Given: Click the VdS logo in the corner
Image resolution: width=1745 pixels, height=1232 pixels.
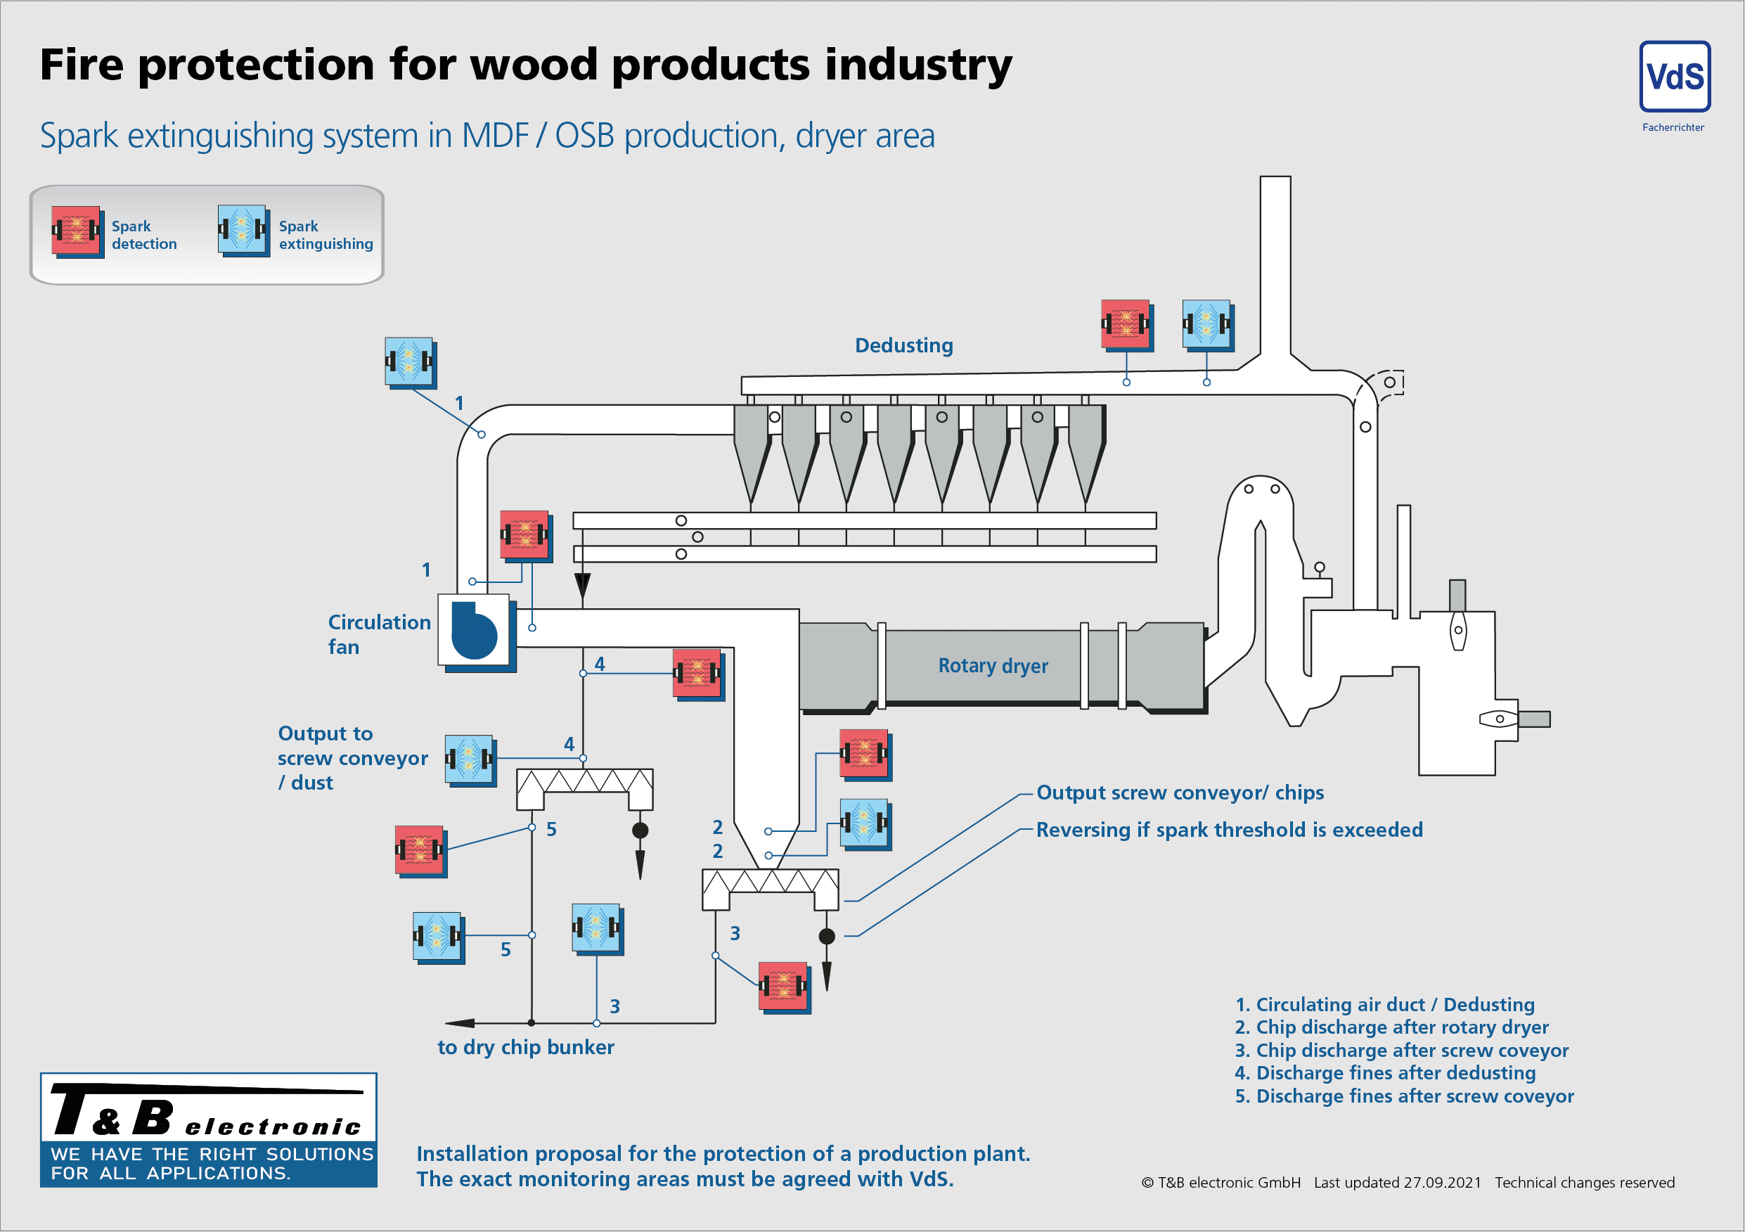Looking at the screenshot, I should point(1674,77).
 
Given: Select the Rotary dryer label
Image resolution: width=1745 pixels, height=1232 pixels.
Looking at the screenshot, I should point(993,666).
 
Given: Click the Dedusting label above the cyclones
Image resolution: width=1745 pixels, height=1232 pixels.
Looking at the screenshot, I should point(903,346).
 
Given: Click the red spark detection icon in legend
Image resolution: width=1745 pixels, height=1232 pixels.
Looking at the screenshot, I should point(76,229).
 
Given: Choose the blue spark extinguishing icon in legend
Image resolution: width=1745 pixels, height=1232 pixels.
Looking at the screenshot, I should point(243,229).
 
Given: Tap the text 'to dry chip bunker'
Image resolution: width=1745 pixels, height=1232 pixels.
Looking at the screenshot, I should point(525,1047).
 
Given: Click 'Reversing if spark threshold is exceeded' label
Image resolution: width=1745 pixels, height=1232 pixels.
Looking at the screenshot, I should point(1229,830).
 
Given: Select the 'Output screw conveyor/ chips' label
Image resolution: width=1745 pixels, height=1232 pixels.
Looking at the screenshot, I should point(1180,793).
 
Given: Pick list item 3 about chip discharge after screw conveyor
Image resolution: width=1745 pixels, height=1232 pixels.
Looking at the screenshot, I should point(1400,1051).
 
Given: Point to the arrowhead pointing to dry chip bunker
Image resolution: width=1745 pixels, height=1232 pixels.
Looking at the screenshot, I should point(460,1023).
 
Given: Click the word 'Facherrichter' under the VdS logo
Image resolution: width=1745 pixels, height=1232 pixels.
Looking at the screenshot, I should point(1673,128).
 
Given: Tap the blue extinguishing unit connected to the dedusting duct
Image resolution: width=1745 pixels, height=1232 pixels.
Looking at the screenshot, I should point(1207,325).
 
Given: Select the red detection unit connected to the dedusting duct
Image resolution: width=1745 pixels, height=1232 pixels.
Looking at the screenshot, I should point(1126,325).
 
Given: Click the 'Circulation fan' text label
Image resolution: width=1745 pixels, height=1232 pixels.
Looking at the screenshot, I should point(378,634).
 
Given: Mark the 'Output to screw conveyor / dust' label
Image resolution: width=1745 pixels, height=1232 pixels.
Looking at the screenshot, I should point(352,758).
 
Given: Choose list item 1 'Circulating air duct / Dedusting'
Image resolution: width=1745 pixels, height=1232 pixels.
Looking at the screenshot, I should point(1384,1005).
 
